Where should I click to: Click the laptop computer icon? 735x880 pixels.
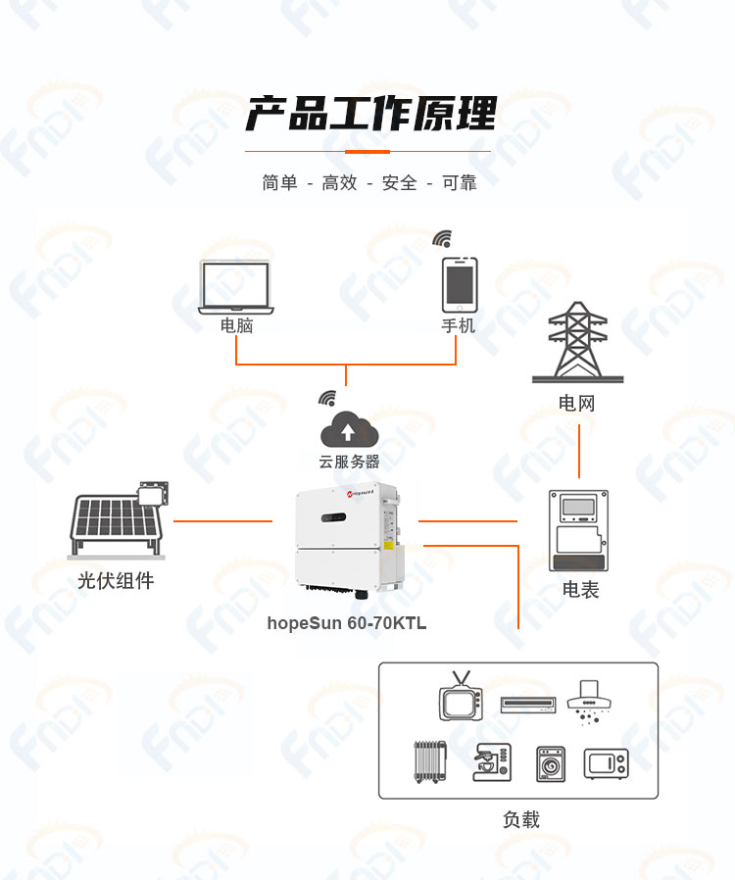235,287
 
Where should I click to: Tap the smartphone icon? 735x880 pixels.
460,284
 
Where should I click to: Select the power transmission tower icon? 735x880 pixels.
577,342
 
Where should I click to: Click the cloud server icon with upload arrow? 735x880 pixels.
349,429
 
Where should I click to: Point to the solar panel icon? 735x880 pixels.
119,519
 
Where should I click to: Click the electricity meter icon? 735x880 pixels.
578,531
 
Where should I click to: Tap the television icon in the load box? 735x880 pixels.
461,696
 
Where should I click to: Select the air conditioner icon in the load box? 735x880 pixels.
528,705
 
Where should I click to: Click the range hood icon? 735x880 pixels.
589,702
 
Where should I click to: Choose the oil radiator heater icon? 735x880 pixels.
430,761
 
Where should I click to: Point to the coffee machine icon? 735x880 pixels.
492,762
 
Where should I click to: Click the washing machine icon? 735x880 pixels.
551,763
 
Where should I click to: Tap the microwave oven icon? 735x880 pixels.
606,763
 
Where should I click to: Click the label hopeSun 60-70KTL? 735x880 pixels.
347,623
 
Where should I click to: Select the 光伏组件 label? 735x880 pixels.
116,580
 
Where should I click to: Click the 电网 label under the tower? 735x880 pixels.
577,403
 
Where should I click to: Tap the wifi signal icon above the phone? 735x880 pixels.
442,238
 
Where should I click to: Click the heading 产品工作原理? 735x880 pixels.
370,114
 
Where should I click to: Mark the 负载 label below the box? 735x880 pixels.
521,819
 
